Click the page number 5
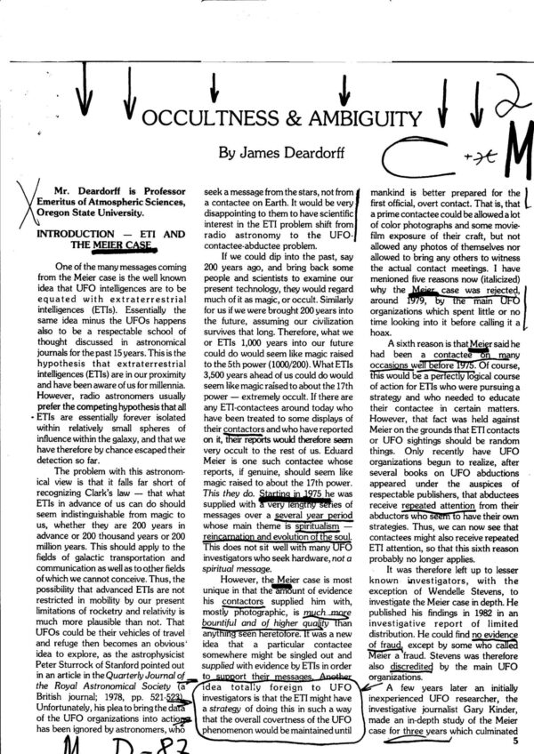(x=516, y=735)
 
